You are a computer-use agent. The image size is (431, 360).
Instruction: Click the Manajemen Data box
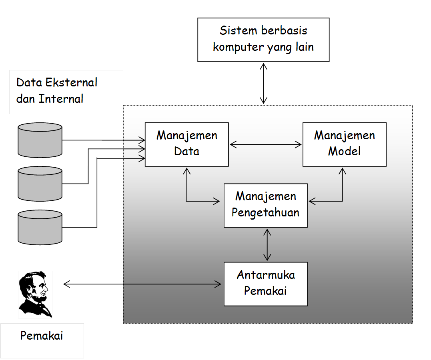pos(186,144)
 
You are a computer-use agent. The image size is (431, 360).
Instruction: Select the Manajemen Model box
pos(344,144)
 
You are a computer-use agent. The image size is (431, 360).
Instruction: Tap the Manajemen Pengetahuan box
pos(265,205)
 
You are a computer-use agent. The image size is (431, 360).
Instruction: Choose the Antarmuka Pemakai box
pos(265,284)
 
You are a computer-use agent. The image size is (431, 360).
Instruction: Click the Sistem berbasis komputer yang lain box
pos(263,40)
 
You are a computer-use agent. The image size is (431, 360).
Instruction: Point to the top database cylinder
pos(40,140)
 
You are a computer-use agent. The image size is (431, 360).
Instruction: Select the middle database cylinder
pos(40,184)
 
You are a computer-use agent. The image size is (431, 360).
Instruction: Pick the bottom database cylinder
pos(40,228)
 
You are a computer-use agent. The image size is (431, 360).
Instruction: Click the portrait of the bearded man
pos(35,294)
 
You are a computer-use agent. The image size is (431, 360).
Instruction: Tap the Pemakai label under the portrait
pos(42,336)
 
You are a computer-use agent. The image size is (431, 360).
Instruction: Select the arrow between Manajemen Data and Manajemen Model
pos(265,144)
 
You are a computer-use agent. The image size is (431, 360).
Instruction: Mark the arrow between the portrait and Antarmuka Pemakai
pos(142,284)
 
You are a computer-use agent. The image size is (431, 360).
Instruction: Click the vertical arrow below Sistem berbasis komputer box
pos(263,83)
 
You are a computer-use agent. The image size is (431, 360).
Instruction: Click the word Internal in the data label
pos(61,99)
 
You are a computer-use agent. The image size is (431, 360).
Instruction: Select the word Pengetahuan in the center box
pos(265,212)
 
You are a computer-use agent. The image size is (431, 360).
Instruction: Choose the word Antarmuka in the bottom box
pos(266,275)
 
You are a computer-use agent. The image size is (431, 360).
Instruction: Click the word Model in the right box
pos(344,151)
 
